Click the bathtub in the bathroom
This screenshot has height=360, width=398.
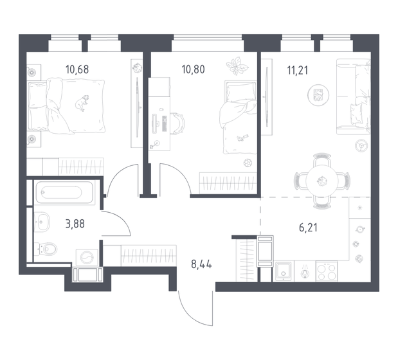pos(66,193)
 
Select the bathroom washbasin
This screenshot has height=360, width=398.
pos(43,222)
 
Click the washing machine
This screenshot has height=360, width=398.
pos(88,255)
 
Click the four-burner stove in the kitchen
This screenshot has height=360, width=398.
pos(327,271)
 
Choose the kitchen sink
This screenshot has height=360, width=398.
pos(284,271)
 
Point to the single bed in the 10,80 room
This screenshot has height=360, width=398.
pos(237,118)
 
